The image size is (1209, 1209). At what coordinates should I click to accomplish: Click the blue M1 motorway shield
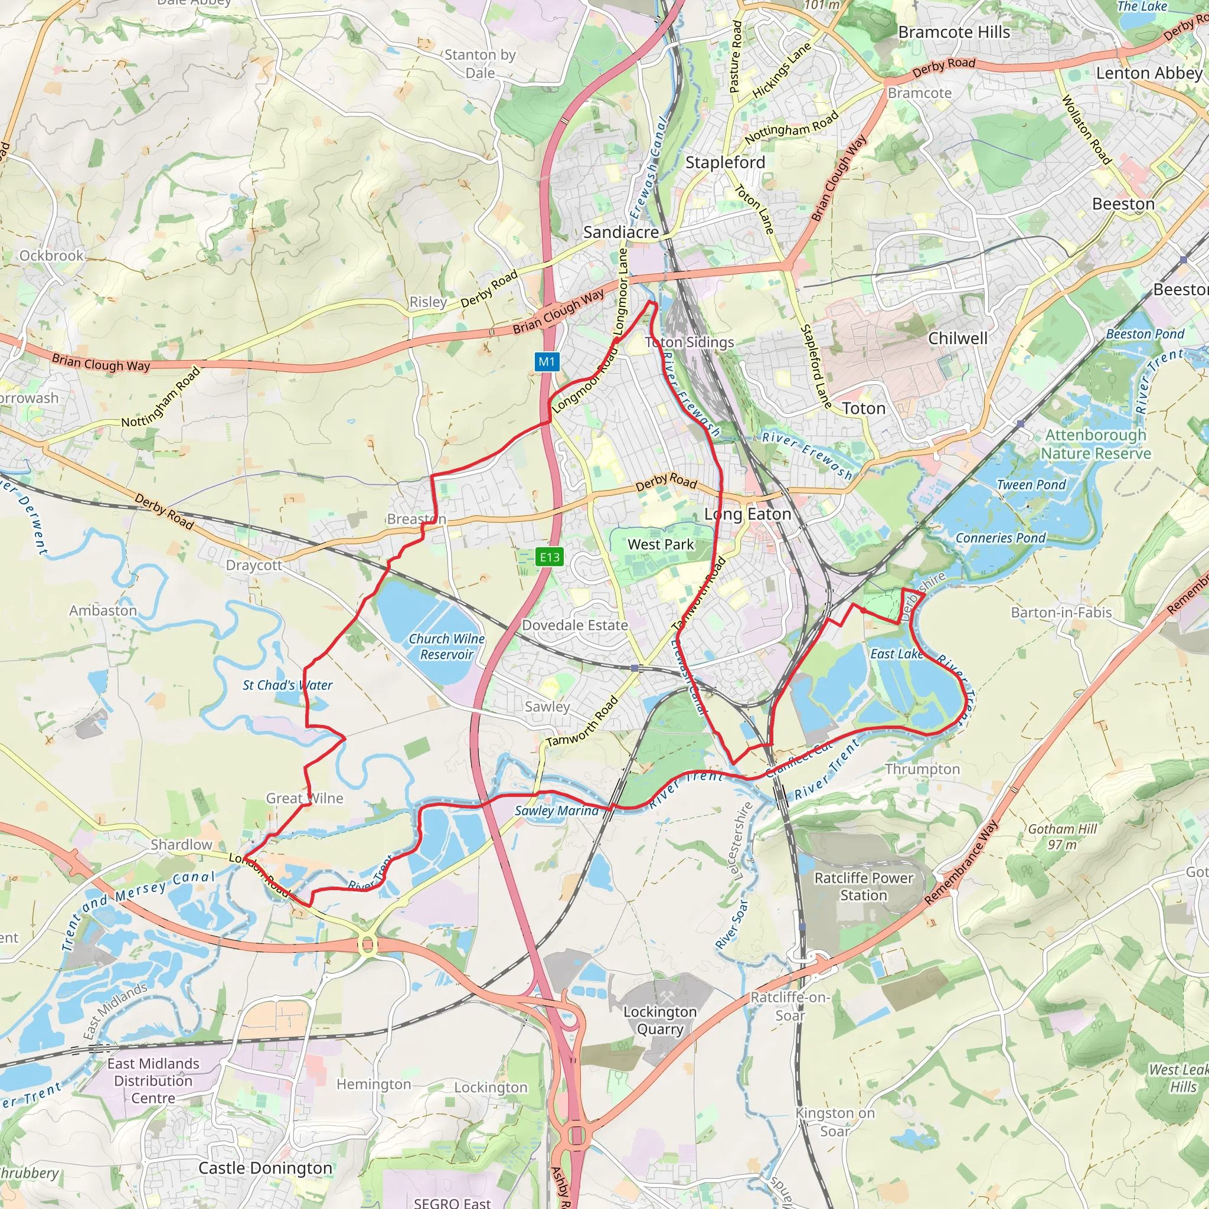(x=546, y=361)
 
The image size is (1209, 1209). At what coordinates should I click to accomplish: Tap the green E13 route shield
(x=550, y=557)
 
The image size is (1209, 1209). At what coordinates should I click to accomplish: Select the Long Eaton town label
(x=748, y=514)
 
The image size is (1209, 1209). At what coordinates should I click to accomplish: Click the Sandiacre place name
(x=621, y=232)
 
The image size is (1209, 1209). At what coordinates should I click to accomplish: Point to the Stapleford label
(x=726, y=163)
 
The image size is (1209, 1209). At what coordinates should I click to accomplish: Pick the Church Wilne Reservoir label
(x=446, y=646)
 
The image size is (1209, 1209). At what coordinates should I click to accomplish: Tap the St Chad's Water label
(x=287, y=685)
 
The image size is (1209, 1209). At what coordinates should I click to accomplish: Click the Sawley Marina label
(x=556, y=811)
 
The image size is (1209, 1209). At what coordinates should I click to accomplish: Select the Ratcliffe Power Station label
(x=864, y=887)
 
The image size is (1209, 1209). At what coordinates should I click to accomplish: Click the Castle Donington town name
(x=265, y=1168)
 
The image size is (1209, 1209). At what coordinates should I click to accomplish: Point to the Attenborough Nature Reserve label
(x=1096, y=445)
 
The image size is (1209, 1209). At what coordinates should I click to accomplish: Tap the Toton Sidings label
(x=690, y=342)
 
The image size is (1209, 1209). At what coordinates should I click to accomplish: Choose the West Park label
(x=661, y=544)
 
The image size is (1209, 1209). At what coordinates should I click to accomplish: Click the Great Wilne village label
(x=305, y=799)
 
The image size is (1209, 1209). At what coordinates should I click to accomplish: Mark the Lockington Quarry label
(x=659, y=1021)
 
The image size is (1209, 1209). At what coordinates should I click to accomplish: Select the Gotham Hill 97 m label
(x=1063, y=837)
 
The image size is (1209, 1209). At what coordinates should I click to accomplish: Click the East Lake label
(x=897, y=654)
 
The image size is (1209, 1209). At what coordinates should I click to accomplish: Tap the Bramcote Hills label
(x=954, y=32)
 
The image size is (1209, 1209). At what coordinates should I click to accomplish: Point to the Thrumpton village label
(x=923, y=769)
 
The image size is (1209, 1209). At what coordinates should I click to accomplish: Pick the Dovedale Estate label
(x=575, y=625)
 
